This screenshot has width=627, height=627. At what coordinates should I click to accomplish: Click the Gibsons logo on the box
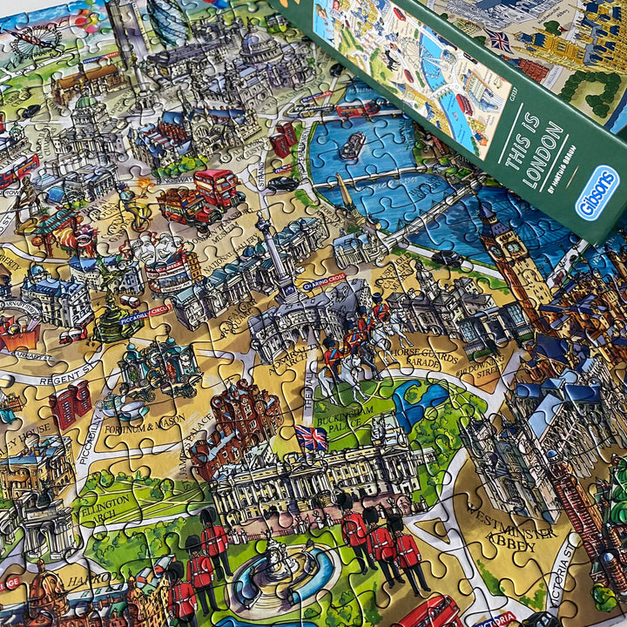pos(597,194)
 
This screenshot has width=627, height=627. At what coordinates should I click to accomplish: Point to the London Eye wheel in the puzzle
pos(36,39)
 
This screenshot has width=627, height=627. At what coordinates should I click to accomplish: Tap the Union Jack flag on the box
pos(499,40)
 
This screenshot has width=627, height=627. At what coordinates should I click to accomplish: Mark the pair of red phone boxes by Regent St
pos(70,406)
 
